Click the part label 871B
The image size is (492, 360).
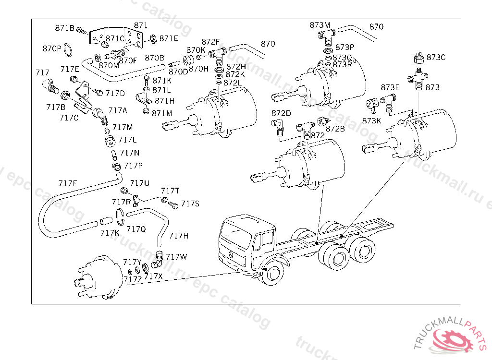(x=64, y=28)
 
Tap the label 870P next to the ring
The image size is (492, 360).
(x=52, y=48)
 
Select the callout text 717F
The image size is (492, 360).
(x=68, y=183)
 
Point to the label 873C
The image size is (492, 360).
(x=436, y=58)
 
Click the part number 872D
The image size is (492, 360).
(x=281, y=113)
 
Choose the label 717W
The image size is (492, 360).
(x=176, y=257)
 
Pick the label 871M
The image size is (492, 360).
(x=162, y=113)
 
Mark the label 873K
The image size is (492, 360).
(x=371, y=120)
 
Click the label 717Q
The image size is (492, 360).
(x=136, y=229)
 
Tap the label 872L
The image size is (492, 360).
(x=233, y=83)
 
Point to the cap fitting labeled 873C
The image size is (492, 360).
(x=418, y=59)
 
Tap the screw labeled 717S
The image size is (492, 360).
(x=173, y=205)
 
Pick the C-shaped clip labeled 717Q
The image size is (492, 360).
(x=121, y=216)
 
